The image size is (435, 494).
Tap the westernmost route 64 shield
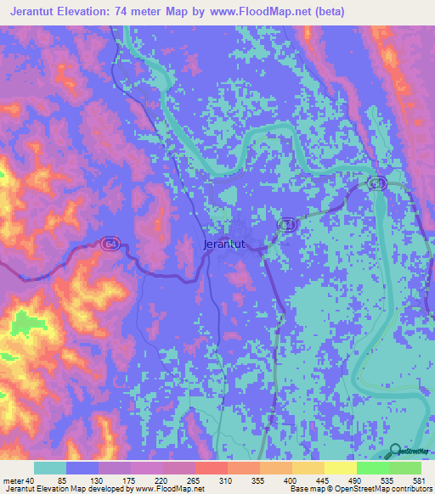point(110,244)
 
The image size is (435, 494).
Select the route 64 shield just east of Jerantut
point(287,224)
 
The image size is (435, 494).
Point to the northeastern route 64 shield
point(377,183)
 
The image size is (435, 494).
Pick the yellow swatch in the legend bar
point(340,468)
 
